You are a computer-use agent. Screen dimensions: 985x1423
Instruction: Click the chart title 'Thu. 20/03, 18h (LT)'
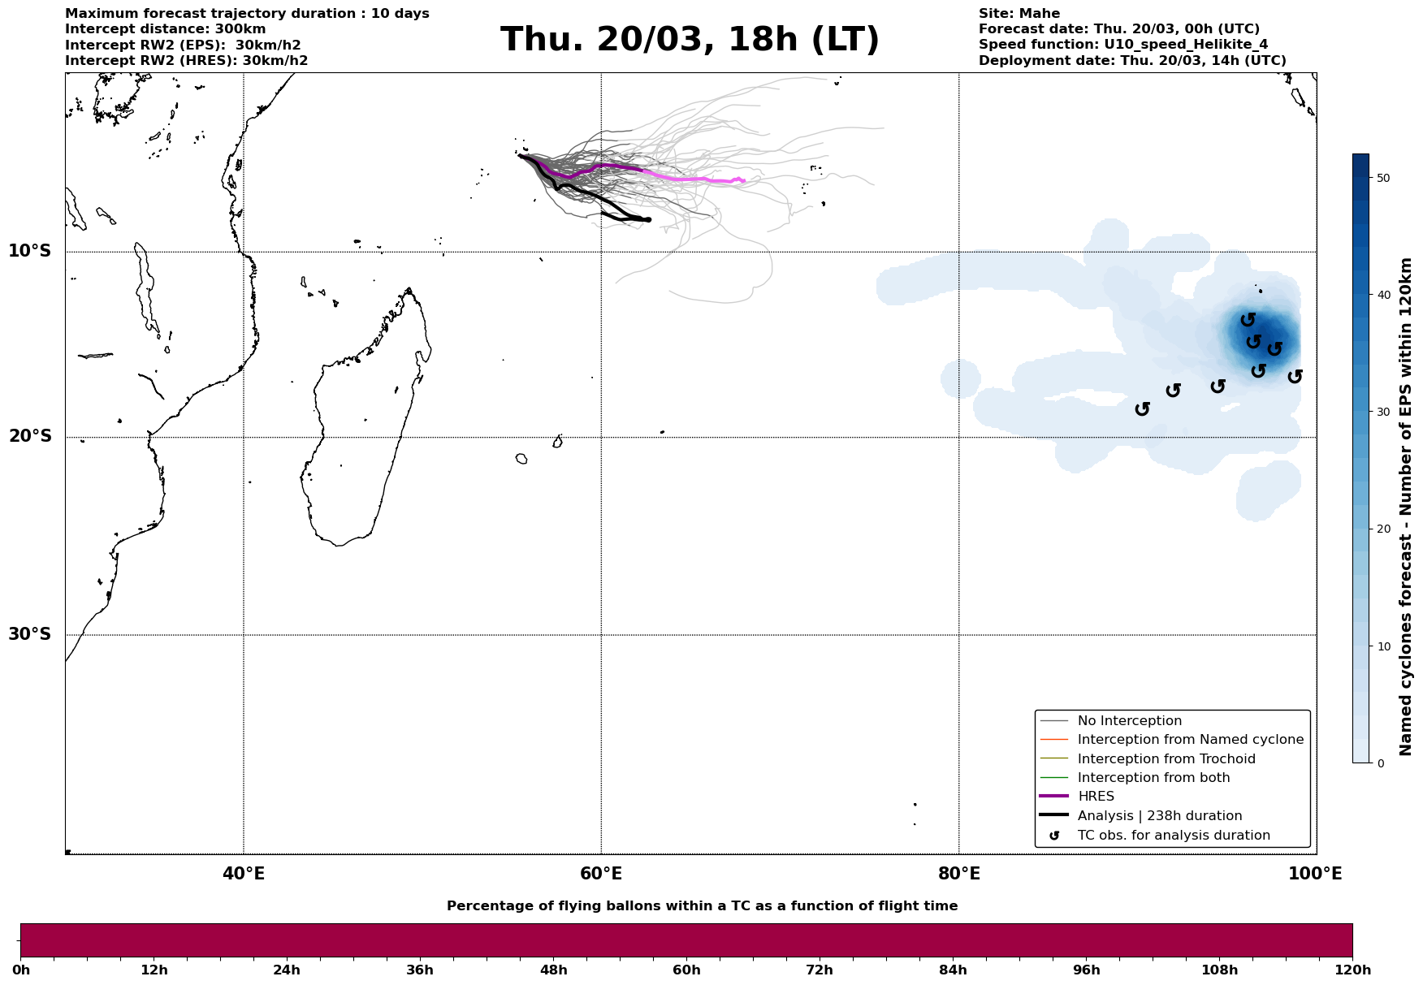point(690,40)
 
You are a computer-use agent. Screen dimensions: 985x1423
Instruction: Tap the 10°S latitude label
point(30,250)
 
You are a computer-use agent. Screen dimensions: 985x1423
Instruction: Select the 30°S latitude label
point(30,633)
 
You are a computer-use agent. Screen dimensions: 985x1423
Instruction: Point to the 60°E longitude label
point(601,874)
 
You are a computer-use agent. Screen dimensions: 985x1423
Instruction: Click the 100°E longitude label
point(1315,874)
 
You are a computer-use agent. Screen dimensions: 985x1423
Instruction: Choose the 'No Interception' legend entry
point(1129,721)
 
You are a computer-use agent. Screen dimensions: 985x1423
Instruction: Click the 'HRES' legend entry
point(1096,797)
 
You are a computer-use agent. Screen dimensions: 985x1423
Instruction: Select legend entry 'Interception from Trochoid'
point(1166,759)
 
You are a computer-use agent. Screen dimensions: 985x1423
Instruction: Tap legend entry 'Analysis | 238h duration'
point(1159,816)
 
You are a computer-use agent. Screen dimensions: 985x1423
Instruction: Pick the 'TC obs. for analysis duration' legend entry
point(1173,836)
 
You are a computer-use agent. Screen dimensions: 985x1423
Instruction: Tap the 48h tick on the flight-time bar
point(553,970)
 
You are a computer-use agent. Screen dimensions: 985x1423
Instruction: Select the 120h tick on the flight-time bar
point(1352,970)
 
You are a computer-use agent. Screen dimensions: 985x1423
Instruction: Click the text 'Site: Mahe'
point(1019,14)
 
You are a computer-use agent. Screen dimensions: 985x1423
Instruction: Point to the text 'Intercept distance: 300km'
point(165,29)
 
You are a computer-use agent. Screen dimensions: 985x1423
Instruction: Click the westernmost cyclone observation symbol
point(1142,408)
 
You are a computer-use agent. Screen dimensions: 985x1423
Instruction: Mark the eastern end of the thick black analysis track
point(648,220)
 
